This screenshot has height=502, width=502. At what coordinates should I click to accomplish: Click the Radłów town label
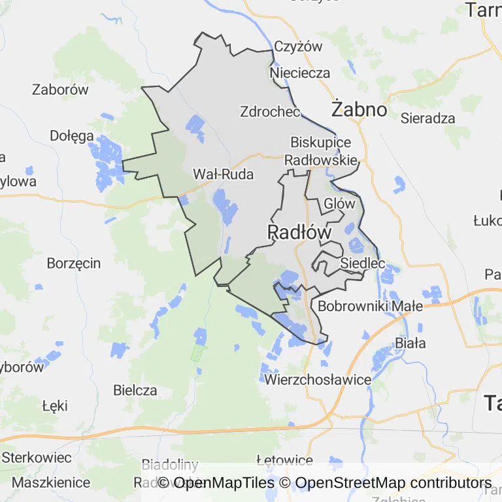click(299, 232)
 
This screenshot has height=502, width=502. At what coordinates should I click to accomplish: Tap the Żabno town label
click(359, 109)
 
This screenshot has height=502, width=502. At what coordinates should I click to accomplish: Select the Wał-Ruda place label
click(223, 174)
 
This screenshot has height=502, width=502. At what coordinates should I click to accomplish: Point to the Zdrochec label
click(270, 111)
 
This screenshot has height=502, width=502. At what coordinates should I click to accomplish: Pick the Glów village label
click(340, 203)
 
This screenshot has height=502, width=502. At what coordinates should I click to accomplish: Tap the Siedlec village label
click(362, 263)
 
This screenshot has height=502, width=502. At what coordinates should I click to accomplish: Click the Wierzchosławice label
click(318, 379)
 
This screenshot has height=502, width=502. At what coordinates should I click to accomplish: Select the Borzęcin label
click(74, 263)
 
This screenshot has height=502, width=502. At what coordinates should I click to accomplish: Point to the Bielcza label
click(135, 390)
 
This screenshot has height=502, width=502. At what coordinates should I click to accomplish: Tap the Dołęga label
click(72, 136)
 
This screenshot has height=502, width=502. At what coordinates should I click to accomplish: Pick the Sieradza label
click(427, 118)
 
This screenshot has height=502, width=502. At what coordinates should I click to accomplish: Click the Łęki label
click(55, 406)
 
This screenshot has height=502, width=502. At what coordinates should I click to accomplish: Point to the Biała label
click(410, 343)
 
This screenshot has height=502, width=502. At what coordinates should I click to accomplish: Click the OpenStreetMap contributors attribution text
click(393, 484)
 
